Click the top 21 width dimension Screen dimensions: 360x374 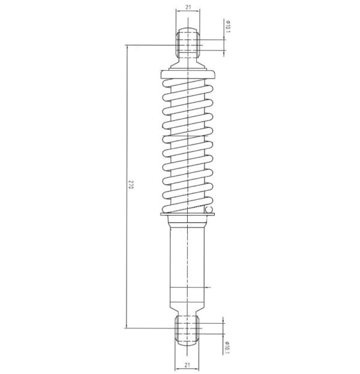(188, 7)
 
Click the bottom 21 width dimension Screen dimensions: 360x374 (187, 365)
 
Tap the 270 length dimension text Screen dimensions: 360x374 (131, 185)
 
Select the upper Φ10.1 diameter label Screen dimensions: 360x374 (228, 26)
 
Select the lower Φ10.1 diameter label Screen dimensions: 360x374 (227, 348)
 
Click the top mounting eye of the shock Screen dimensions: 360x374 (188, 43)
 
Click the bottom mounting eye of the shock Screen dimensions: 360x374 (187, 330)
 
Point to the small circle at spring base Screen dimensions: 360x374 (209, 210)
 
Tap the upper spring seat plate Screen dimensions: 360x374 (188, 74)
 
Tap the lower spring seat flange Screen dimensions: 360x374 (188, 214)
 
